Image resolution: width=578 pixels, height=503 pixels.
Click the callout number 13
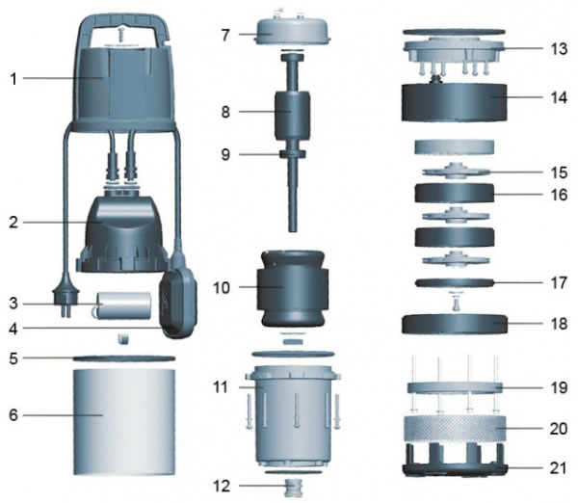pos(561,47)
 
